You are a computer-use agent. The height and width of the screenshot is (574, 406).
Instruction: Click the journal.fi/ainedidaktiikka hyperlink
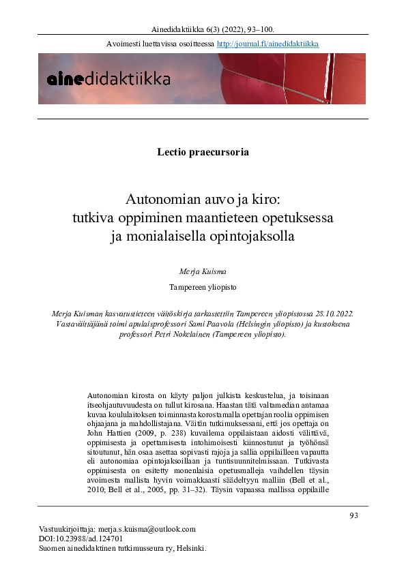click(267, 44)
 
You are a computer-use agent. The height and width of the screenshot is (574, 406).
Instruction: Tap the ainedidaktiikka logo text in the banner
click(108, 79)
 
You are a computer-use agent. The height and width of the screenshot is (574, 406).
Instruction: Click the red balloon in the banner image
click(273, 78)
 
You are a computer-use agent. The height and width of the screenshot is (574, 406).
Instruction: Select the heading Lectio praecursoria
click(203, 152)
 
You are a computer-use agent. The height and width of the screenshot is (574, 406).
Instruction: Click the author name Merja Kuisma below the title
click(203, 272)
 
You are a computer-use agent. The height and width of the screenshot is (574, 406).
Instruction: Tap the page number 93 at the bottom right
click(353, 516)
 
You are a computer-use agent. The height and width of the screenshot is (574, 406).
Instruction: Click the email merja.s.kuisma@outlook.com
click(151, 529)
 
